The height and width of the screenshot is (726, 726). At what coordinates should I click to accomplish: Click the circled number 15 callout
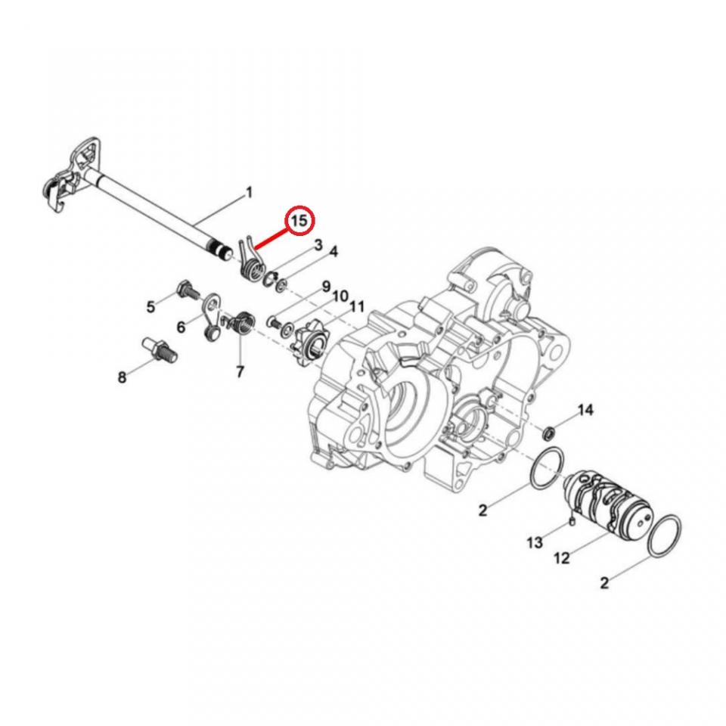point(299,220)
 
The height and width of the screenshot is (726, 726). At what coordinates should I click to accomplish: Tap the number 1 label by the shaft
point(249,193)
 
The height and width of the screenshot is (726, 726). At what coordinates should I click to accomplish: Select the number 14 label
point(585,411)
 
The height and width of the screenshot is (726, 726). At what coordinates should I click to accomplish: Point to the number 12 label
point(562,559)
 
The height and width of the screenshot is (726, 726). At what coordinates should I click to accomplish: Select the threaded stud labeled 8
point(160,350)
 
